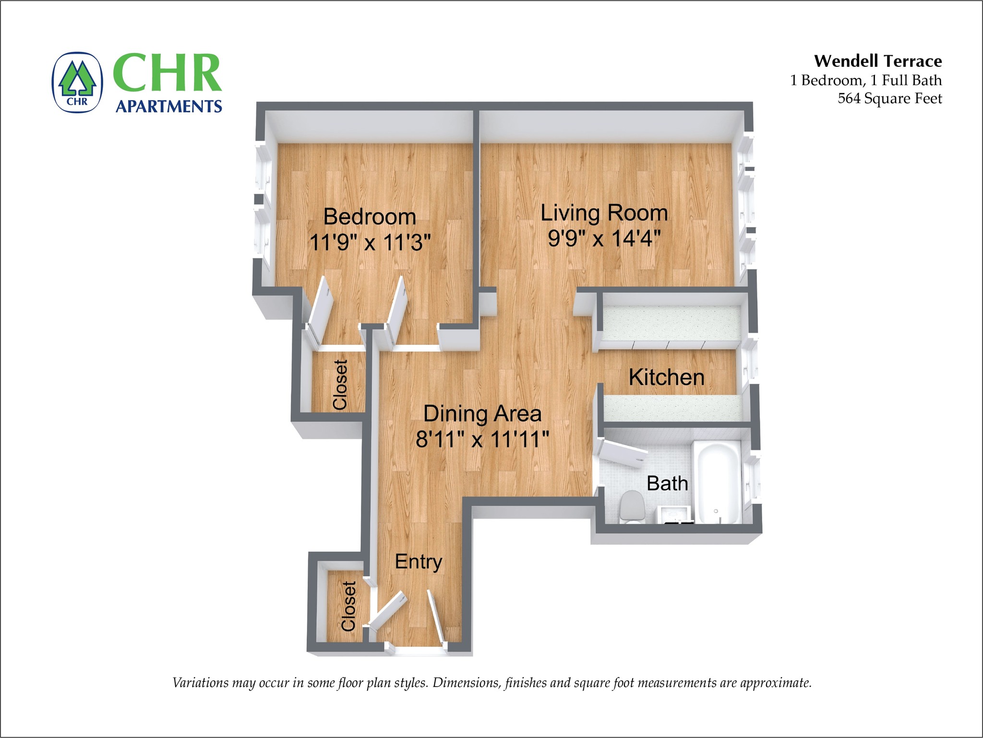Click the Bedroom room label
(x=370, y=217)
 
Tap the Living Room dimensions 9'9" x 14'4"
(x=604, y=238)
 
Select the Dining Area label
(x=482, y=413)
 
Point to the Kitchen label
(x=666, y=377)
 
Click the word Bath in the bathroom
(x=667, y=483)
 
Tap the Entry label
(x=419, y=561)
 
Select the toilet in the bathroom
(x=632, y=507)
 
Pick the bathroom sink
(x=674, y=514)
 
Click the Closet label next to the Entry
(x=348, y=606)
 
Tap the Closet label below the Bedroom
(x=340, y=385)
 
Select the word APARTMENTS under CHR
(x=169, y=106)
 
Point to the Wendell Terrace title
(x=878, y=61)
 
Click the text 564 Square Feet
(x=889, y=98)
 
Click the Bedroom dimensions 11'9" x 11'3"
(x=370, y=242)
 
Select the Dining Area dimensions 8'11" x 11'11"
(x=482, y=439)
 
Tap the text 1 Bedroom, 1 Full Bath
(x=866, y=80)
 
